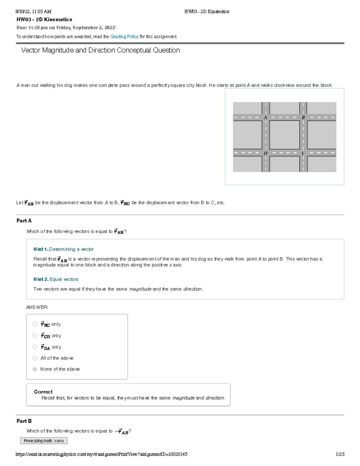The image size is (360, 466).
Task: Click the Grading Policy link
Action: point(124,37)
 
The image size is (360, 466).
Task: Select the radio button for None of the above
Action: point(35,369)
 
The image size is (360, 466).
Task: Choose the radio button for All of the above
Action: point(35,358)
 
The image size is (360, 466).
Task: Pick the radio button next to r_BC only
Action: point(35,324)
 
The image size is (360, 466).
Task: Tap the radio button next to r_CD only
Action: point(35,335)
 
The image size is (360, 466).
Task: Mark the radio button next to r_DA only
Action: point(35,347)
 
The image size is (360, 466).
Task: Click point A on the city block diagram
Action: point(265,118)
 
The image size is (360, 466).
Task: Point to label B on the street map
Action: point(303,118)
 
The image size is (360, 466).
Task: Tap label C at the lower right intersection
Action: point(303,153)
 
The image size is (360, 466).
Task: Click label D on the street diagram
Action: point(265,153)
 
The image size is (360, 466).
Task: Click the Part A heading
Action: point(24,221)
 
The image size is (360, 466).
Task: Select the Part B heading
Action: point(24,421)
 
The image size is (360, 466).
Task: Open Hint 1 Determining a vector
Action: point(64,249)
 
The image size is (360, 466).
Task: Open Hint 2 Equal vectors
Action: point(56,279)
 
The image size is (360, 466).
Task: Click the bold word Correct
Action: point(43,392)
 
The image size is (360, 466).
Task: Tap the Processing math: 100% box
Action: point(44,440)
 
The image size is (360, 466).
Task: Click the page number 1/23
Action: point(340,454)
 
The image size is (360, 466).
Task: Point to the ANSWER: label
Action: point(37,307)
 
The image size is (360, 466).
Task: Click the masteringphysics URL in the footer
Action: point(101,454)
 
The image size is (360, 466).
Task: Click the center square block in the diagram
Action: point(284,135)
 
